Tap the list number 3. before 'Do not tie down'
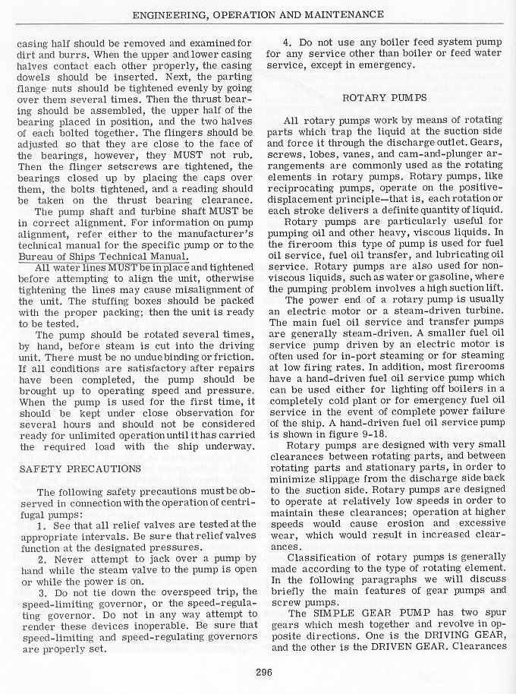coord(41,591)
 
